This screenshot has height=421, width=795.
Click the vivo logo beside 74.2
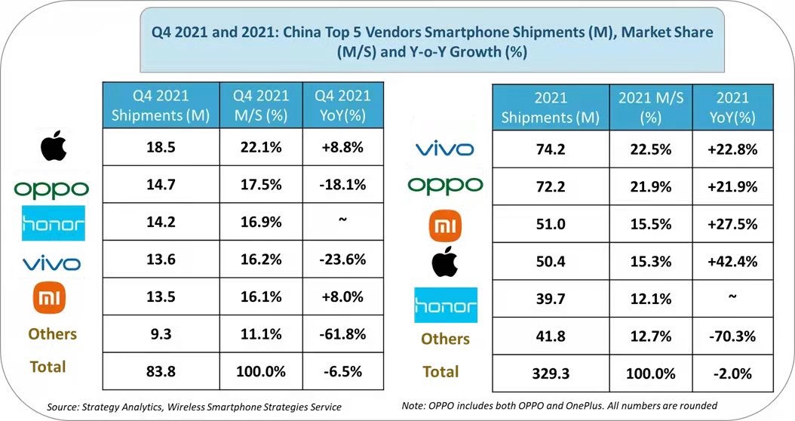(x=444, y=149)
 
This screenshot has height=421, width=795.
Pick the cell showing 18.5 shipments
(x=161, y=148)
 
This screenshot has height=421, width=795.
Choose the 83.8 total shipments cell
(x=161, y=371)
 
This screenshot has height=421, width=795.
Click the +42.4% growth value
(x=732, y=262)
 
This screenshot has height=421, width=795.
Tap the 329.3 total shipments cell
(x=550, y=373)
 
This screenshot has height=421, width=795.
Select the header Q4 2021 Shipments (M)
(x=161, y=106)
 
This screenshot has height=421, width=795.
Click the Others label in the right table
(x=444, y=339)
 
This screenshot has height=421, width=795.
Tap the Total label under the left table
(x=48, y=367)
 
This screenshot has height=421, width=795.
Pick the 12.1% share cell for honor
(x=650, y=299)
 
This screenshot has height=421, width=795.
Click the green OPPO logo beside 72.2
(x=444, y=186)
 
